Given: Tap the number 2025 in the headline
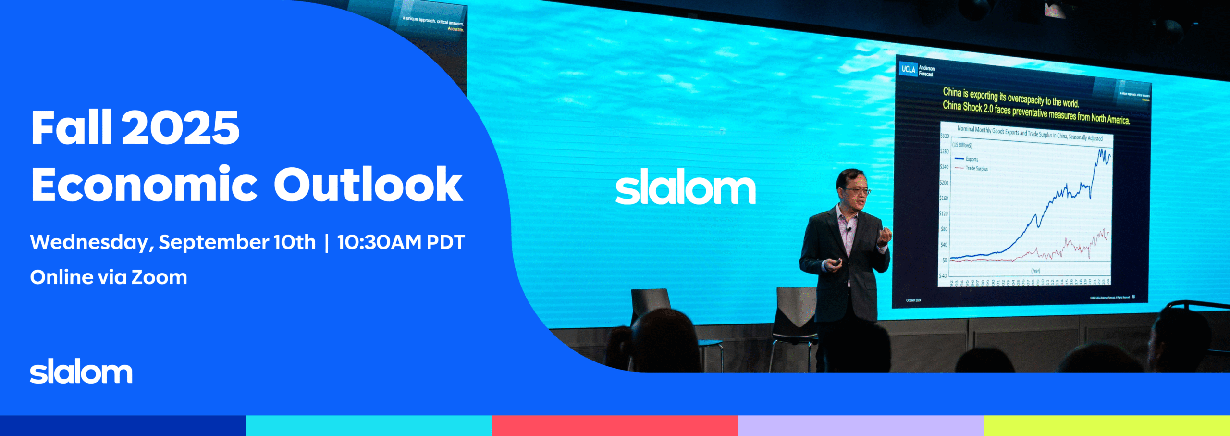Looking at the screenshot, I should point(180,128).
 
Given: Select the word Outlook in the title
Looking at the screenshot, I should point(368,185).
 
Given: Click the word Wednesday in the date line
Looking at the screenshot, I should point(89,243).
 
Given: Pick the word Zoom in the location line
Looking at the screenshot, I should point(159,278).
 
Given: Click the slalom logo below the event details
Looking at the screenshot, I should point(81,372).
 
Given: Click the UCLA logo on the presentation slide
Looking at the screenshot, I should point(908,69).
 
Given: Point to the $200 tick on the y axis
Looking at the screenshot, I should point(944,183).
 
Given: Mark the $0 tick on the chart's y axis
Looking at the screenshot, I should point(945,260).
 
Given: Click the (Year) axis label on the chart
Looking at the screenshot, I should point(1035,271).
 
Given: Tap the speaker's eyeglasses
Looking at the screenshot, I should point(858,191).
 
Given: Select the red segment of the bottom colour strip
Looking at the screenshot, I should point(615,425).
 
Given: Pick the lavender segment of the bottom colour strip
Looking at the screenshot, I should point(861,425).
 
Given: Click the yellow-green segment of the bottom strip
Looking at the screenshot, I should point(1107,425).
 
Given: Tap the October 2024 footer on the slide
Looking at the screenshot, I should point(913,300).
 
